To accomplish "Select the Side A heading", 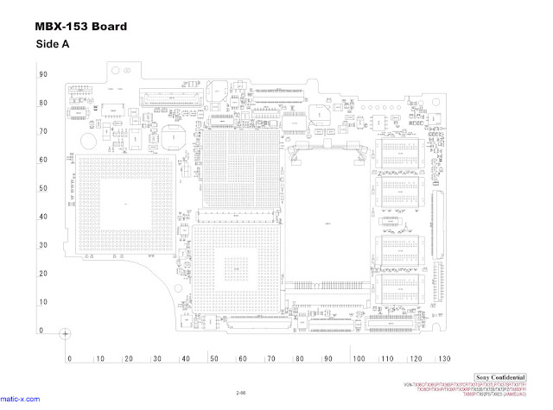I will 53,44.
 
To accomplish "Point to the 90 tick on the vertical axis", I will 42,75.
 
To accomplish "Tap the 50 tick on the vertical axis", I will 42,188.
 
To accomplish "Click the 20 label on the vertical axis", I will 42,274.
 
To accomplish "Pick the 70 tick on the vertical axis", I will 42,132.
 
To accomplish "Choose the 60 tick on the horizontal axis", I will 243,358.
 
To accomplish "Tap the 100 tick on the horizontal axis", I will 358,358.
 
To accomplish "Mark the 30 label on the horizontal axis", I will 156,358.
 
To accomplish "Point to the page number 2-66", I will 241,393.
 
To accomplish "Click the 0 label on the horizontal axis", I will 70,358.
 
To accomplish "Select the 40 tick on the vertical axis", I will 42,217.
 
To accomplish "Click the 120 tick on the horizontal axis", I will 416,358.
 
